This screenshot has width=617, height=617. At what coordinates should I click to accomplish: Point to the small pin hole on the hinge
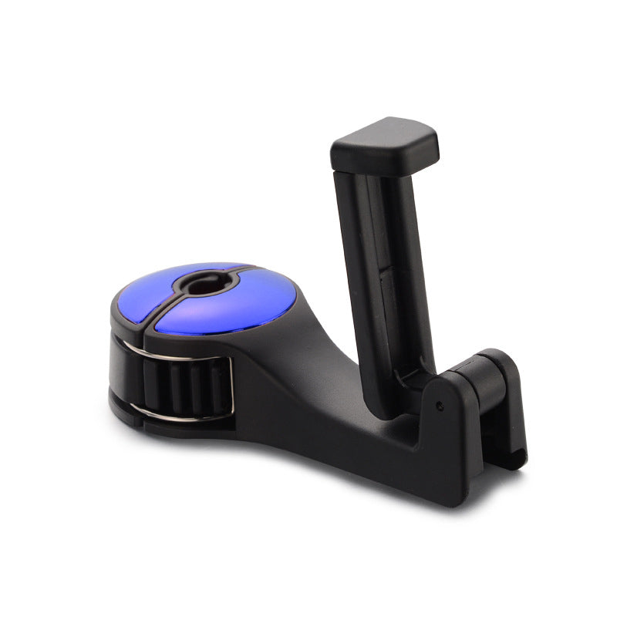439,404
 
